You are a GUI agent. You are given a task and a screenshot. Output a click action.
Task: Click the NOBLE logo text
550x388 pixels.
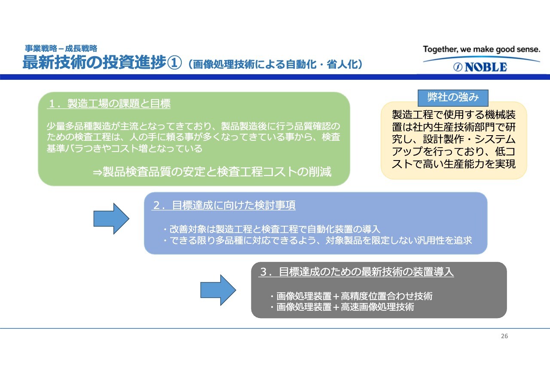[486, 67]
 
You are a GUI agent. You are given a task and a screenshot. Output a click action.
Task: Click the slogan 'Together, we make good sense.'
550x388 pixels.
[482, 49]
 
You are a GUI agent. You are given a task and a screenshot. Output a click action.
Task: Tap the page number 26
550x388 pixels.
[504, 336]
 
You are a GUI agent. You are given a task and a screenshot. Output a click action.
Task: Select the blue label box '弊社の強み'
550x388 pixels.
[453, 98]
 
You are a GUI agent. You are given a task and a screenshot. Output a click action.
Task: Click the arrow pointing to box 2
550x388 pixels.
[111, 218]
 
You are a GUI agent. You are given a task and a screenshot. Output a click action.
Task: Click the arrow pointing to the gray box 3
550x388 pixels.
[218, 290]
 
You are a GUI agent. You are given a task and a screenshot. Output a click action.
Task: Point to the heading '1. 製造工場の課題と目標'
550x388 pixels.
[109, 103]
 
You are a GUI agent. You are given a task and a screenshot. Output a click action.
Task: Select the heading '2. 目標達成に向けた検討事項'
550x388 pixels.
[223, 205]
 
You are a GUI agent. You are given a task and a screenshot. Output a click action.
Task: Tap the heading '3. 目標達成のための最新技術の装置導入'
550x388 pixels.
[356, 272]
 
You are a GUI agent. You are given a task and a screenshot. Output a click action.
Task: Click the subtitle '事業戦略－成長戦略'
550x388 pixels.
[61, 48]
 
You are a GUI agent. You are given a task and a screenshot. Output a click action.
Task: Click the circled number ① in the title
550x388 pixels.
[174, 63]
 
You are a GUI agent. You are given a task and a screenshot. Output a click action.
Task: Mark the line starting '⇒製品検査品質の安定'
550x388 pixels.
[212, 172]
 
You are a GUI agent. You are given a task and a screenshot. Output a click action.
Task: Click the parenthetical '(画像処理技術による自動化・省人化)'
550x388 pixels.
[275, 64]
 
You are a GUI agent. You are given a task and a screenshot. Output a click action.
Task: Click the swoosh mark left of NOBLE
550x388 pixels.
[458, 67]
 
